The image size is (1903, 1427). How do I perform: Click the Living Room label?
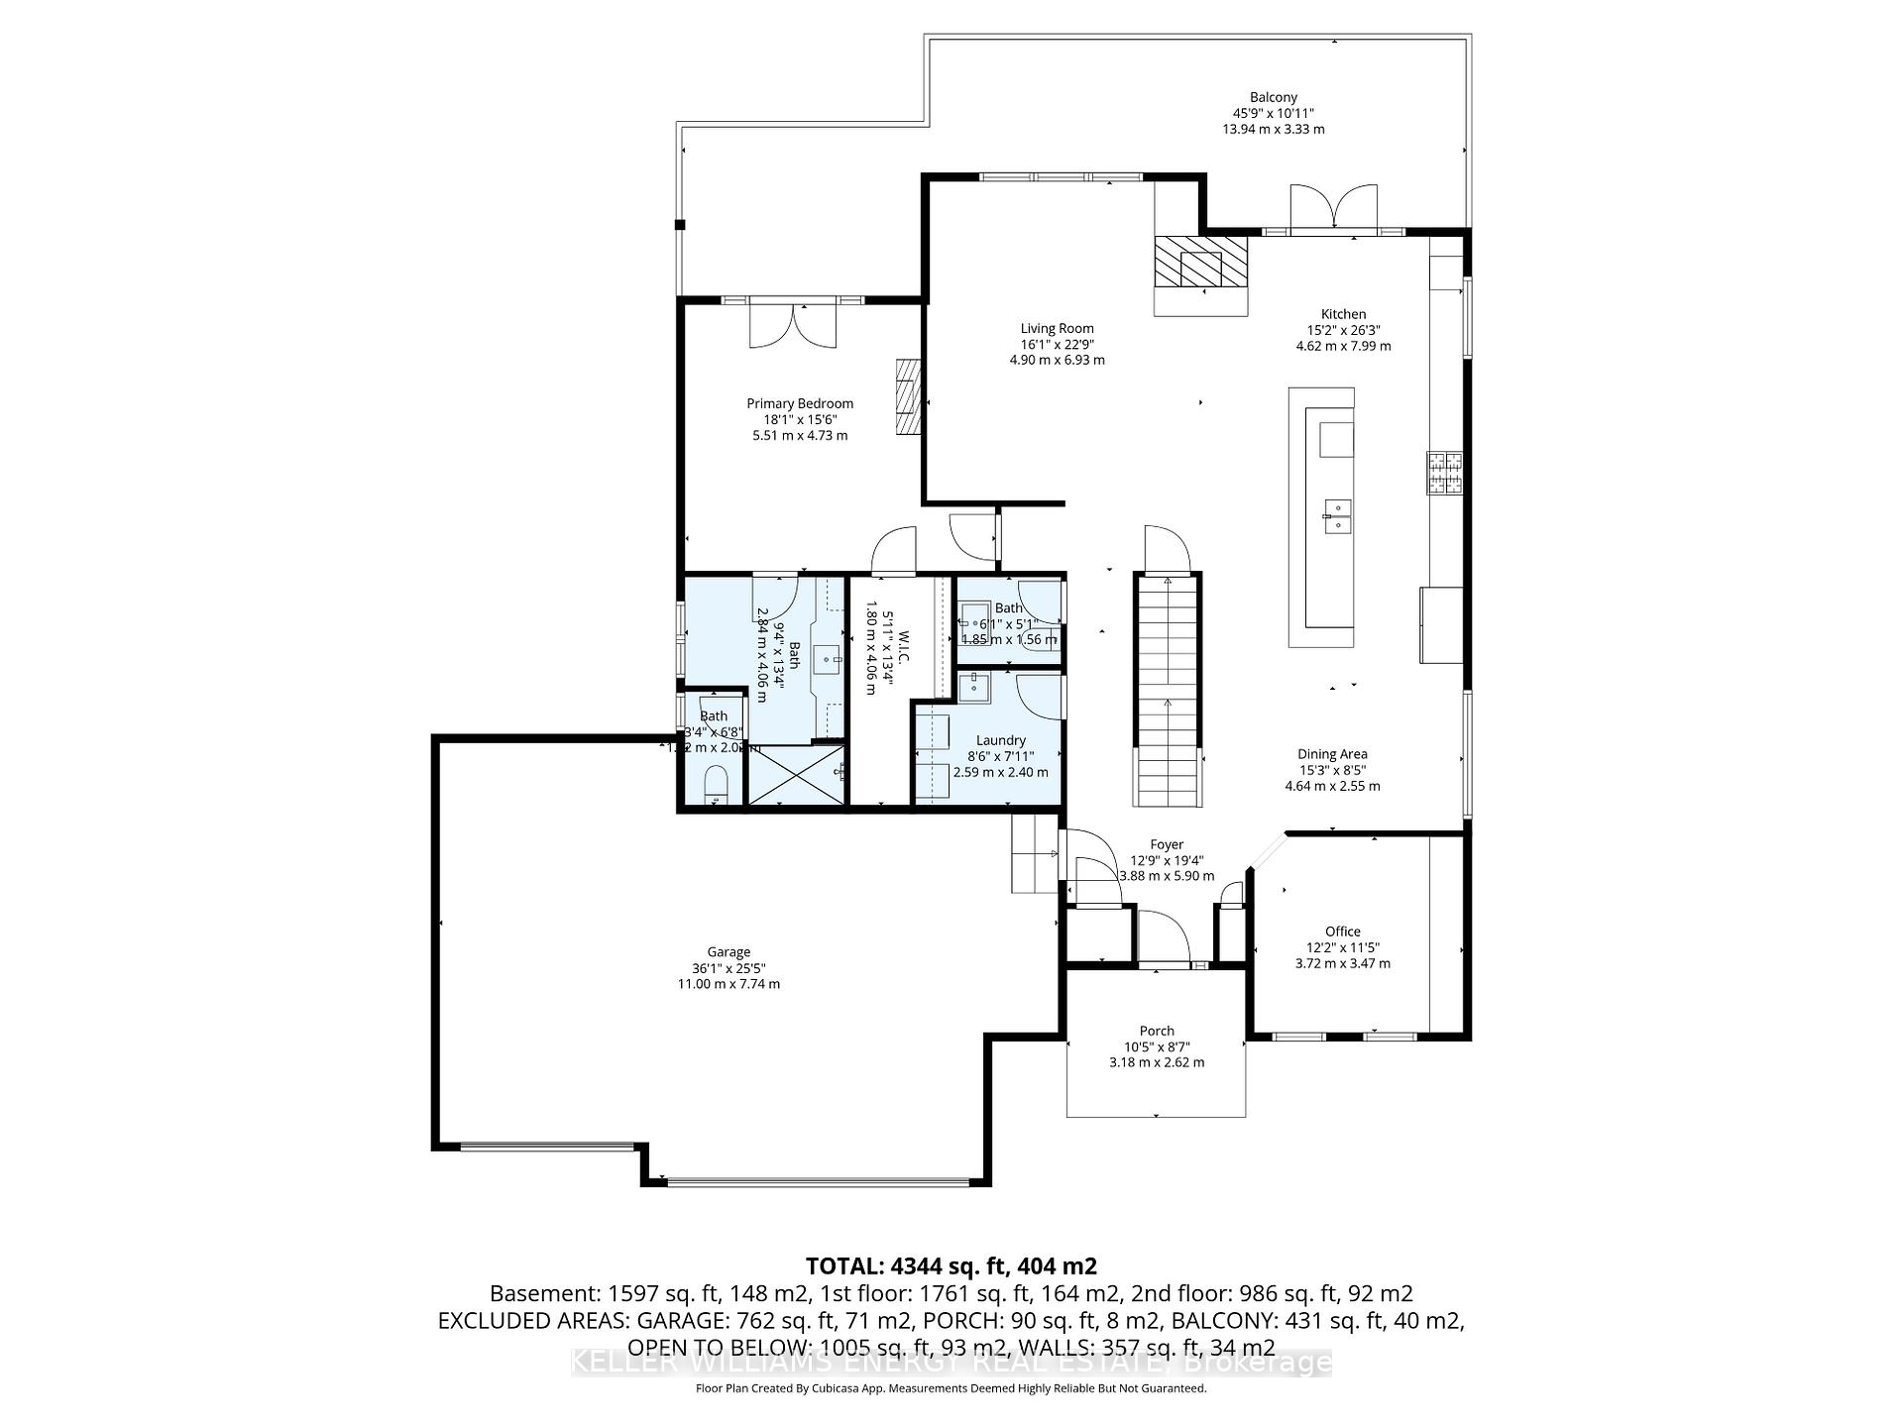tap(1057, 328)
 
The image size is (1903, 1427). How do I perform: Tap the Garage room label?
tap(728, 952)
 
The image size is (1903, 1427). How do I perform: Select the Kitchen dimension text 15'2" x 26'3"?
tap(1343, 330)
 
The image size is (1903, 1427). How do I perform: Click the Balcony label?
tap(1273, 97)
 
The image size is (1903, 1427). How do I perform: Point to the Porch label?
tap(1157, 1031)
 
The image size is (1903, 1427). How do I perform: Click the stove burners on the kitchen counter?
tap(1444, 473)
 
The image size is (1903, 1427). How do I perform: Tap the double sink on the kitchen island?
tap(1337, 517)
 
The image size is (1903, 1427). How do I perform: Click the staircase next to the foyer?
tap(1168, 694)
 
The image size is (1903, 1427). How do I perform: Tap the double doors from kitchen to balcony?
tap(1333, 208)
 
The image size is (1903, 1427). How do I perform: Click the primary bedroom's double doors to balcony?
tap(793, 324)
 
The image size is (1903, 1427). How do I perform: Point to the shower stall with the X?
tap(797, 775)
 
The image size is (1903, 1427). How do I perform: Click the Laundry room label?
tap(1000, 740)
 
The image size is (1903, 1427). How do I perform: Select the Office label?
tap(1342, 932)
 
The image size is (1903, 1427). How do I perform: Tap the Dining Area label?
tap(1332, 754)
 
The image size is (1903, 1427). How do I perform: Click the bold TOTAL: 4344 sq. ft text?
tap(951, 1265)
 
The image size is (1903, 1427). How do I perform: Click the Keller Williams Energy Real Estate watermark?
tap(951, 1364)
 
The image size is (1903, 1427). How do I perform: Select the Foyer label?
tap(1167, 845)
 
